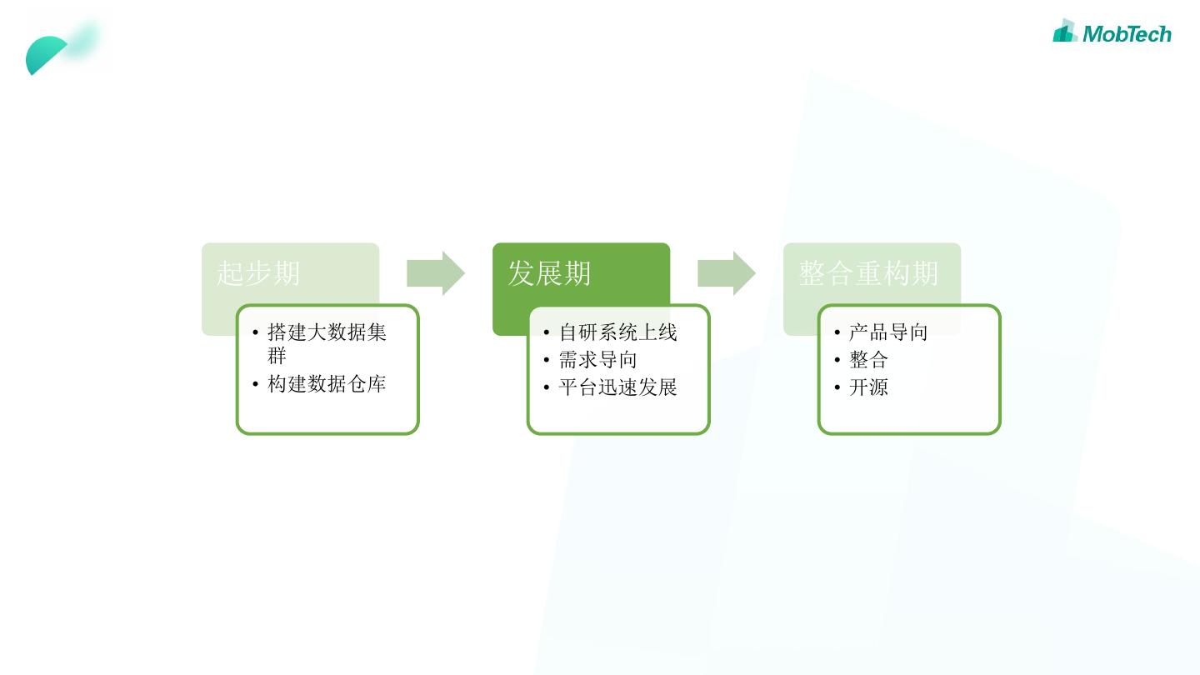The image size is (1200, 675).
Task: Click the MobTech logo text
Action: click(1127, 34)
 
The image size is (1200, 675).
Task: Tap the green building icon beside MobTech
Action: click(1065, 32)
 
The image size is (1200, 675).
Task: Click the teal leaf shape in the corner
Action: click(48, 54)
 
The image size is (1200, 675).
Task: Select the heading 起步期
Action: click(258, 273)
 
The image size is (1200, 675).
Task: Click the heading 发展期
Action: click(549, 273)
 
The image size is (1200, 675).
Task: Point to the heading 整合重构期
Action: click(868, 273)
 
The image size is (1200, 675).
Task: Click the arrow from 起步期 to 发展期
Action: click(435, 273)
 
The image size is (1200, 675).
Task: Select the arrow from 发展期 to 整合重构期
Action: click(726, 273)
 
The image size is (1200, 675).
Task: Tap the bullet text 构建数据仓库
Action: click(327, 384)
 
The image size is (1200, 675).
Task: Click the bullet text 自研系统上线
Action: click(617, 332)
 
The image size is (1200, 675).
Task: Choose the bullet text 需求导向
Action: click(597, 360)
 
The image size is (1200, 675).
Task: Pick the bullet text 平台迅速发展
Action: click(617, 387)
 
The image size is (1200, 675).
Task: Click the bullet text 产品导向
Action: click(888, 332)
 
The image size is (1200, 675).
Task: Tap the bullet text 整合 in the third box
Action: click(868, 360)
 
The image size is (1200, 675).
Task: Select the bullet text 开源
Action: click(868, 387)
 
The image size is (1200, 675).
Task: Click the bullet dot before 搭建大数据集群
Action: click(255, 333)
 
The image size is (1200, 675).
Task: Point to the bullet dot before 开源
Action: click(837, 387)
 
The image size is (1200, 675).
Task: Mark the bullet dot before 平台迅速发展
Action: click(546, 387)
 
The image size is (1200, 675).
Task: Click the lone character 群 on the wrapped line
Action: click(277, 356)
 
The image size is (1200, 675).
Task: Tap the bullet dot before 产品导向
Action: click(837, 333)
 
